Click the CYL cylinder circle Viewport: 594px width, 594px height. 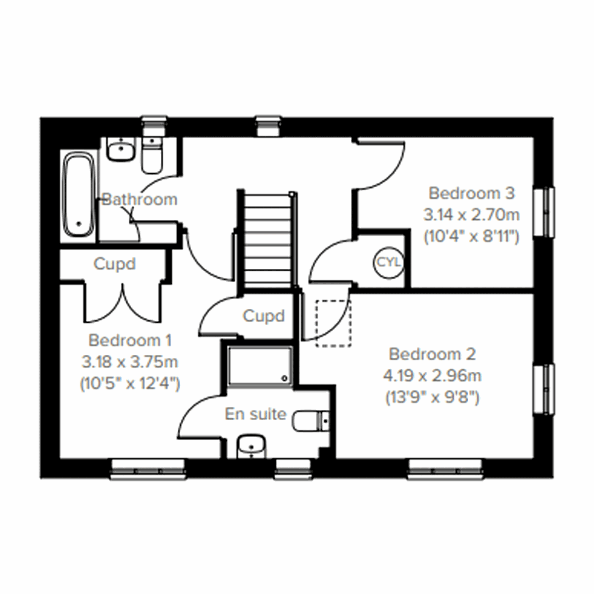point(388,261)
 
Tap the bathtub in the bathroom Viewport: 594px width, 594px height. point(78,197)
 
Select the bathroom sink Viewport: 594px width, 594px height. point(121,149)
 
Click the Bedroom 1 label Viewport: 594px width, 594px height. point(130,341)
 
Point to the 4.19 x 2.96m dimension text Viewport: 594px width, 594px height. point(432,376)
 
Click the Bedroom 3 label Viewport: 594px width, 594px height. point(472,193)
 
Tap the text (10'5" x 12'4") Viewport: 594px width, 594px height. point(130,383)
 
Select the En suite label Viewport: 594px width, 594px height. point(255,414)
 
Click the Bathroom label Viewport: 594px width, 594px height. point(139,199)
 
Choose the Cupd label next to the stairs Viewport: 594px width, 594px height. point(264,316)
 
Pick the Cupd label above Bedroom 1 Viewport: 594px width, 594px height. point(114,264)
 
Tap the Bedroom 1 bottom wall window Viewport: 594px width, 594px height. point(148,468)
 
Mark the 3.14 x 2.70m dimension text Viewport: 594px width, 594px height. point(472,215)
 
